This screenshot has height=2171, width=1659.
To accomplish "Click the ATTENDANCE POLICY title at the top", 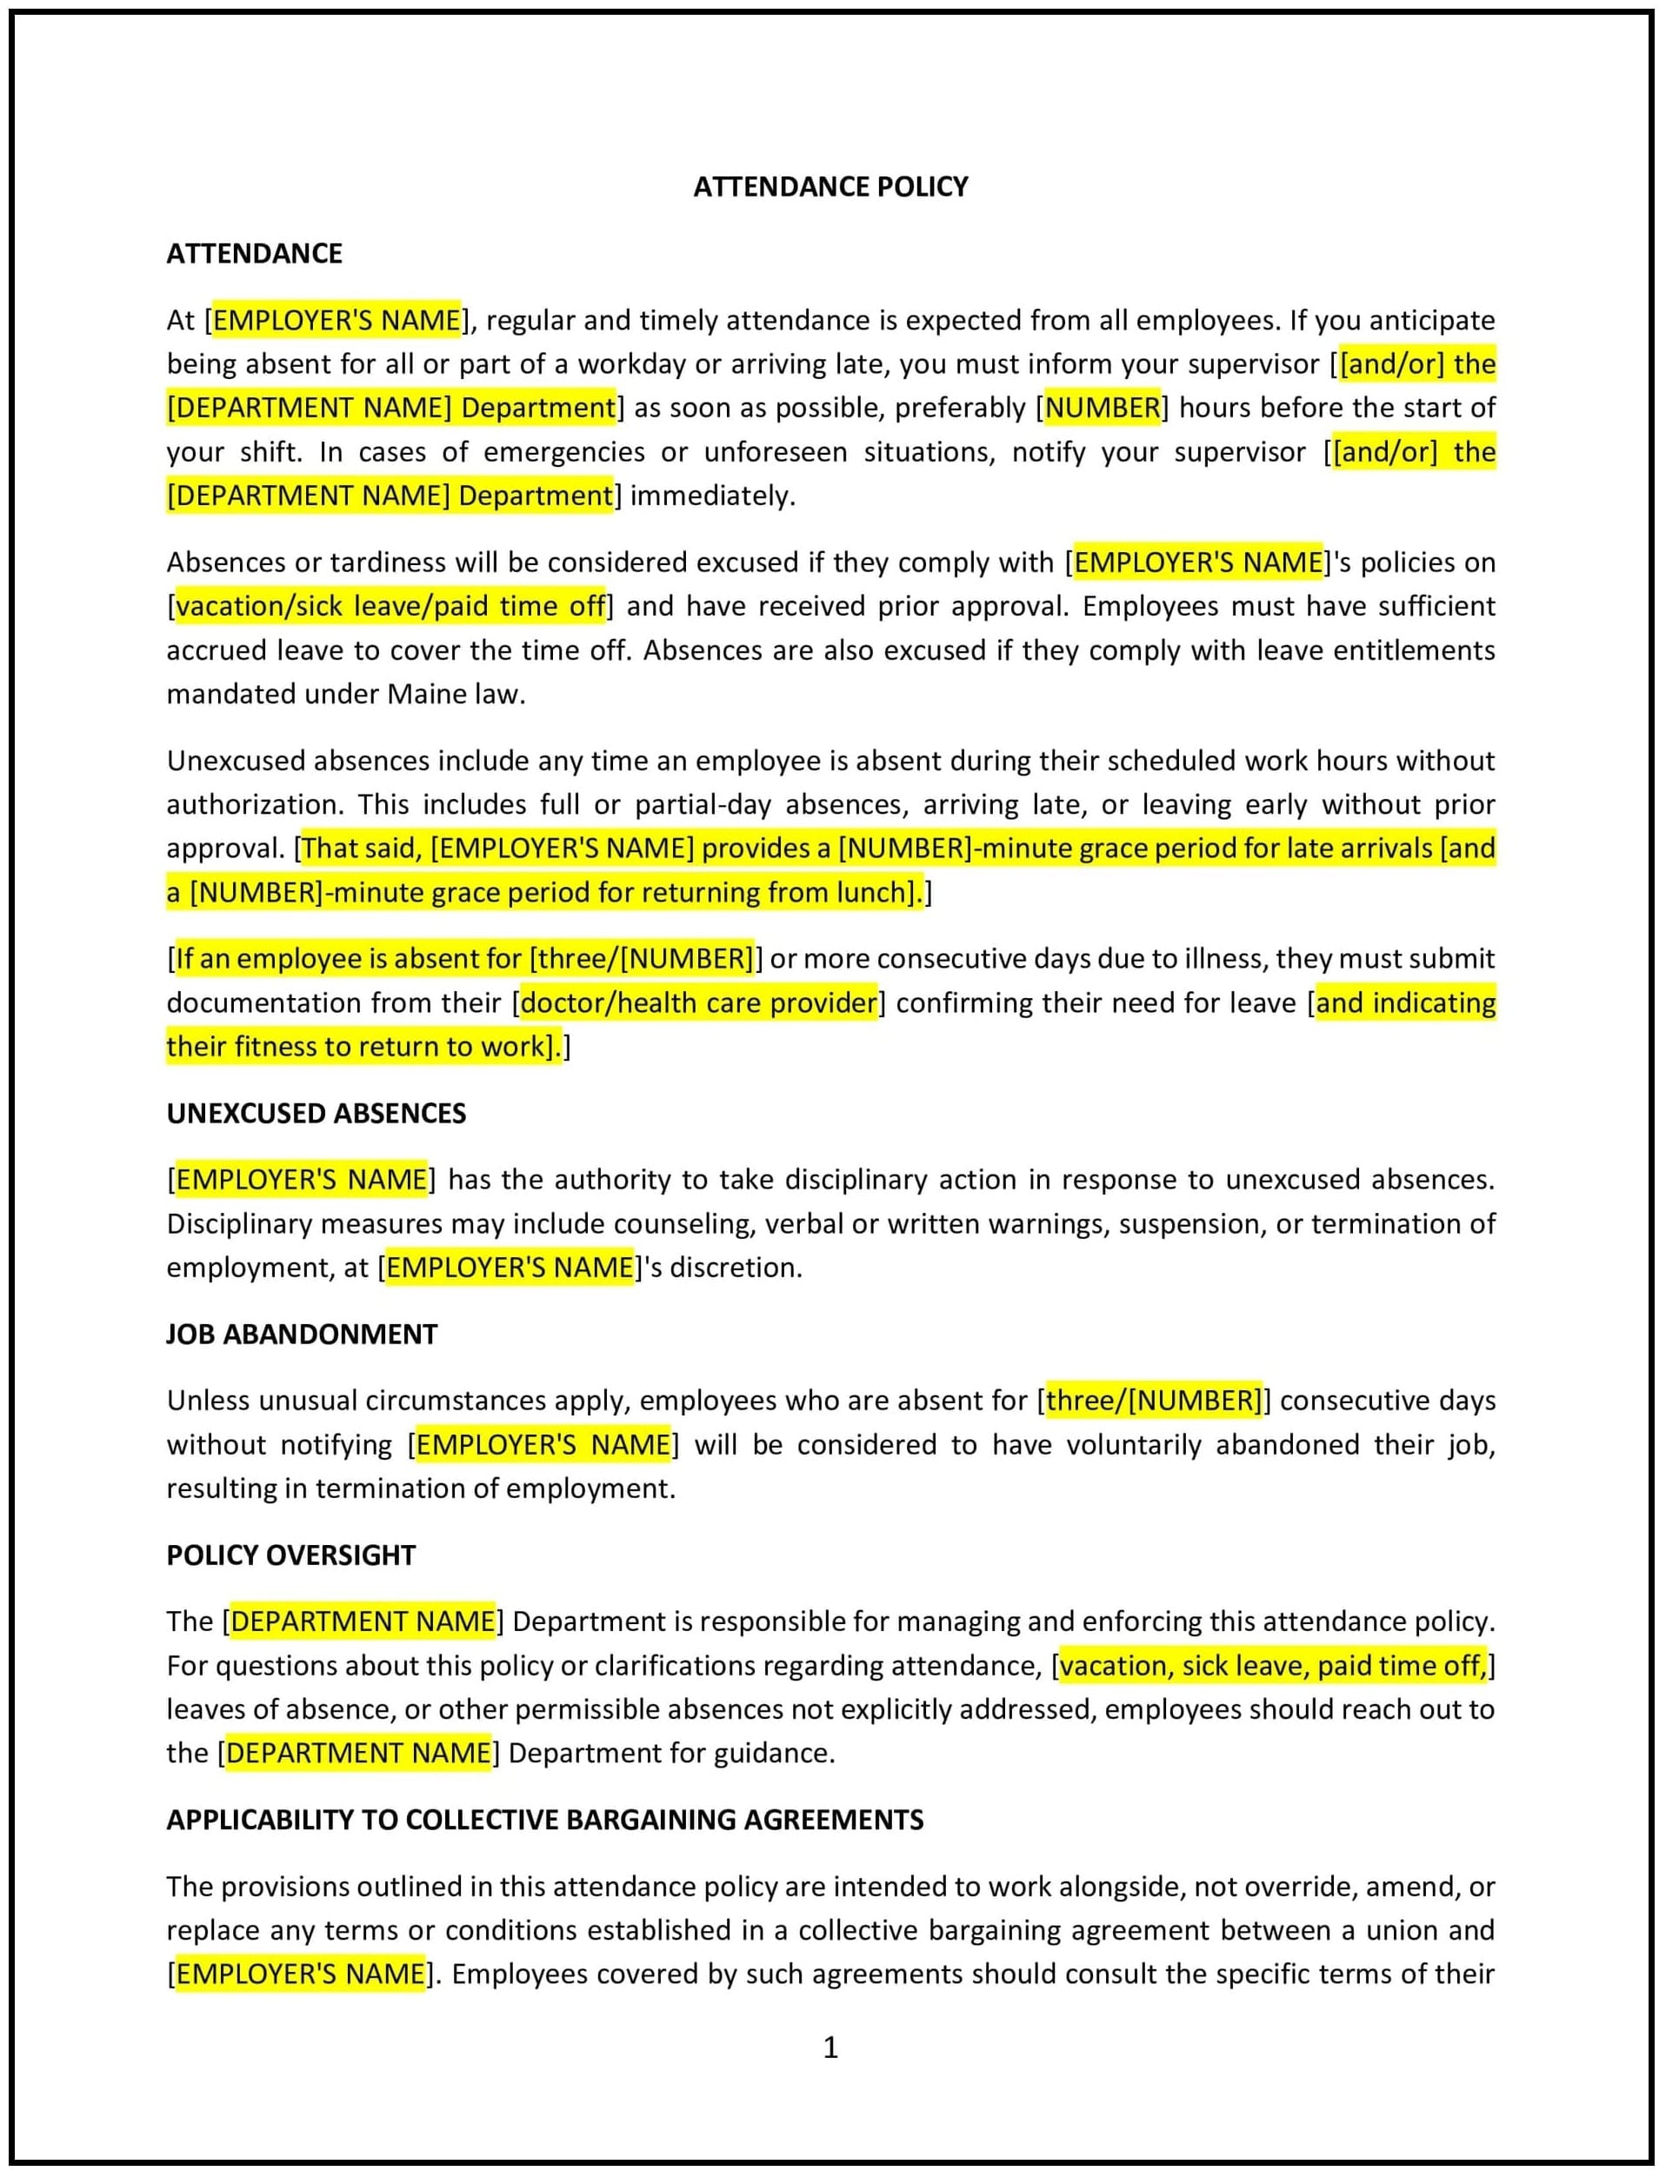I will coord(829,187).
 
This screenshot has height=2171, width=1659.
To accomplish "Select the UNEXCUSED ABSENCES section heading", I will coord(316,1113).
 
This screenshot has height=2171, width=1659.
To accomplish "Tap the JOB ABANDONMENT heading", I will coord(301,1334).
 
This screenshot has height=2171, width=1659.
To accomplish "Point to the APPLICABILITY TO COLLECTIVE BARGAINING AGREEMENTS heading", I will coord(544,1820).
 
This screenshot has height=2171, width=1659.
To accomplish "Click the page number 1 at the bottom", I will coord(830,2048).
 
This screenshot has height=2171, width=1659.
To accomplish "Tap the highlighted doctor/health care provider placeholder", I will coord(698,1003).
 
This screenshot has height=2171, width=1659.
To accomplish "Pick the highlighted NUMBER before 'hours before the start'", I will coord(1102,408).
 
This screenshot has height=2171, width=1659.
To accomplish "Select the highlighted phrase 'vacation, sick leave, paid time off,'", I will coord(1273,1667).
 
